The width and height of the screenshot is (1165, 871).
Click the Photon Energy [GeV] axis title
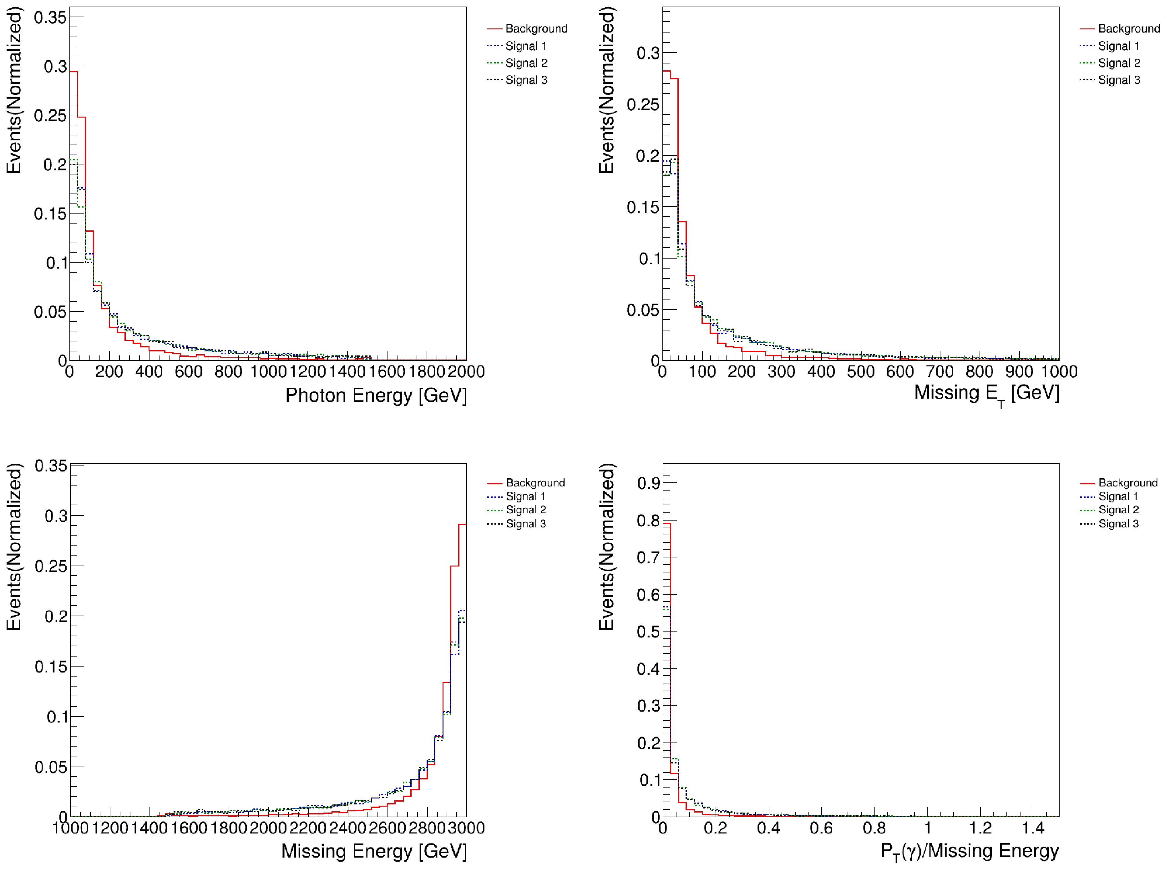point(376,395)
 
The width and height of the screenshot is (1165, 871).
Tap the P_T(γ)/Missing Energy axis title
point(969,851)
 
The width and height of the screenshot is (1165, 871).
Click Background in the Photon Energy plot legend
point(536,28)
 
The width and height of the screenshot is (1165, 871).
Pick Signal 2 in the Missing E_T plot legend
point(1119,63)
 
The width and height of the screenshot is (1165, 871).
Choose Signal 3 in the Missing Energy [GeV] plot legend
point(526,523)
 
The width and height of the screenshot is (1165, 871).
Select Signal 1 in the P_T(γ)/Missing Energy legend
point(1118,496)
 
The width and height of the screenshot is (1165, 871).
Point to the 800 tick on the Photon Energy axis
point(228,372)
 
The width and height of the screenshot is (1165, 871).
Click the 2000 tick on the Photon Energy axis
point(466,372)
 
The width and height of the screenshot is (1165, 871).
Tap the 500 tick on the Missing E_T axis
point(861,372)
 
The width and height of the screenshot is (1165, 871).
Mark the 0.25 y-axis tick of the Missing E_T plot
point(642,104)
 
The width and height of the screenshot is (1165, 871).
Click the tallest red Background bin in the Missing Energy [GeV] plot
point(462,526)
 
